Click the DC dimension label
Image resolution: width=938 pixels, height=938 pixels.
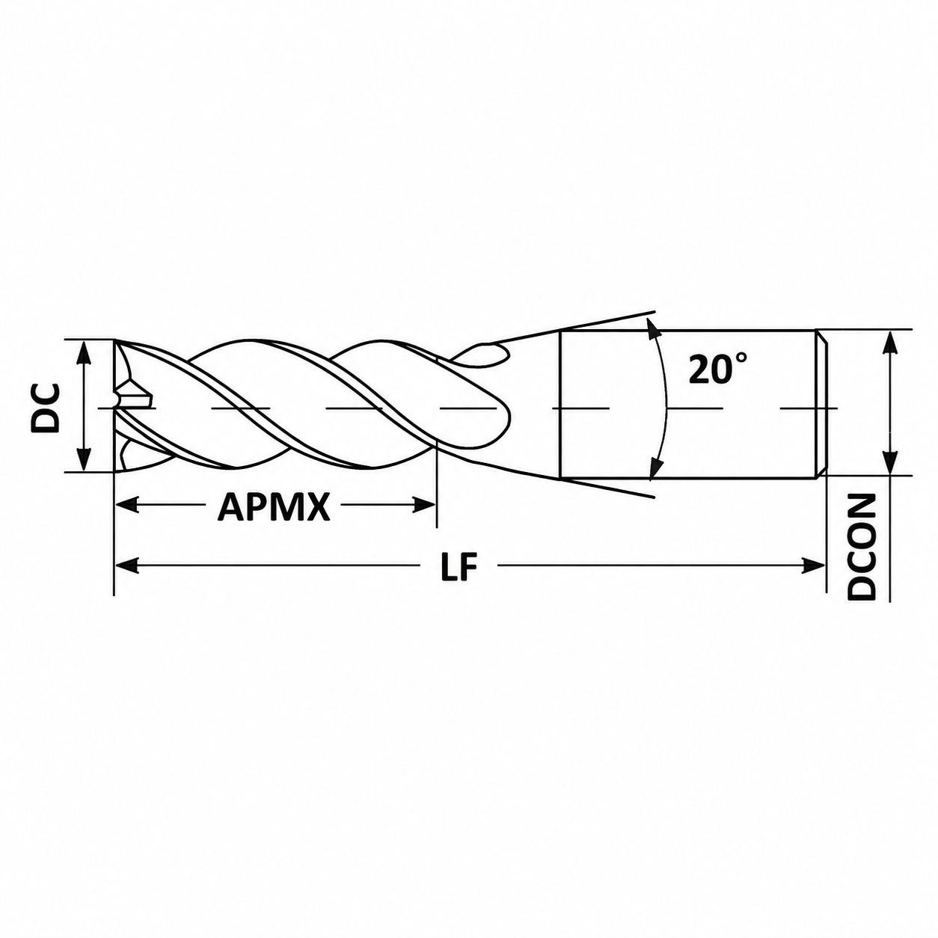click(x=46, y=408)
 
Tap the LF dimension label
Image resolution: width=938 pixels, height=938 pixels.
click(x=458, y=565)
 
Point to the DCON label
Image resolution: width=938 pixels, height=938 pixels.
click(x=862, y=547)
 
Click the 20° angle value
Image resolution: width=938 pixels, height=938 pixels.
click(x=717, y=369)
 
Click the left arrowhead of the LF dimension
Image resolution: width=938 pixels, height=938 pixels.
click(x=126, y=565)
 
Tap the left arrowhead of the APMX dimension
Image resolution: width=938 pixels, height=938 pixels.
click(x=126, y=505)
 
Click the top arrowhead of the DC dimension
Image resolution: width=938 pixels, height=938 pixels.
click(x=85, y=351)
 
